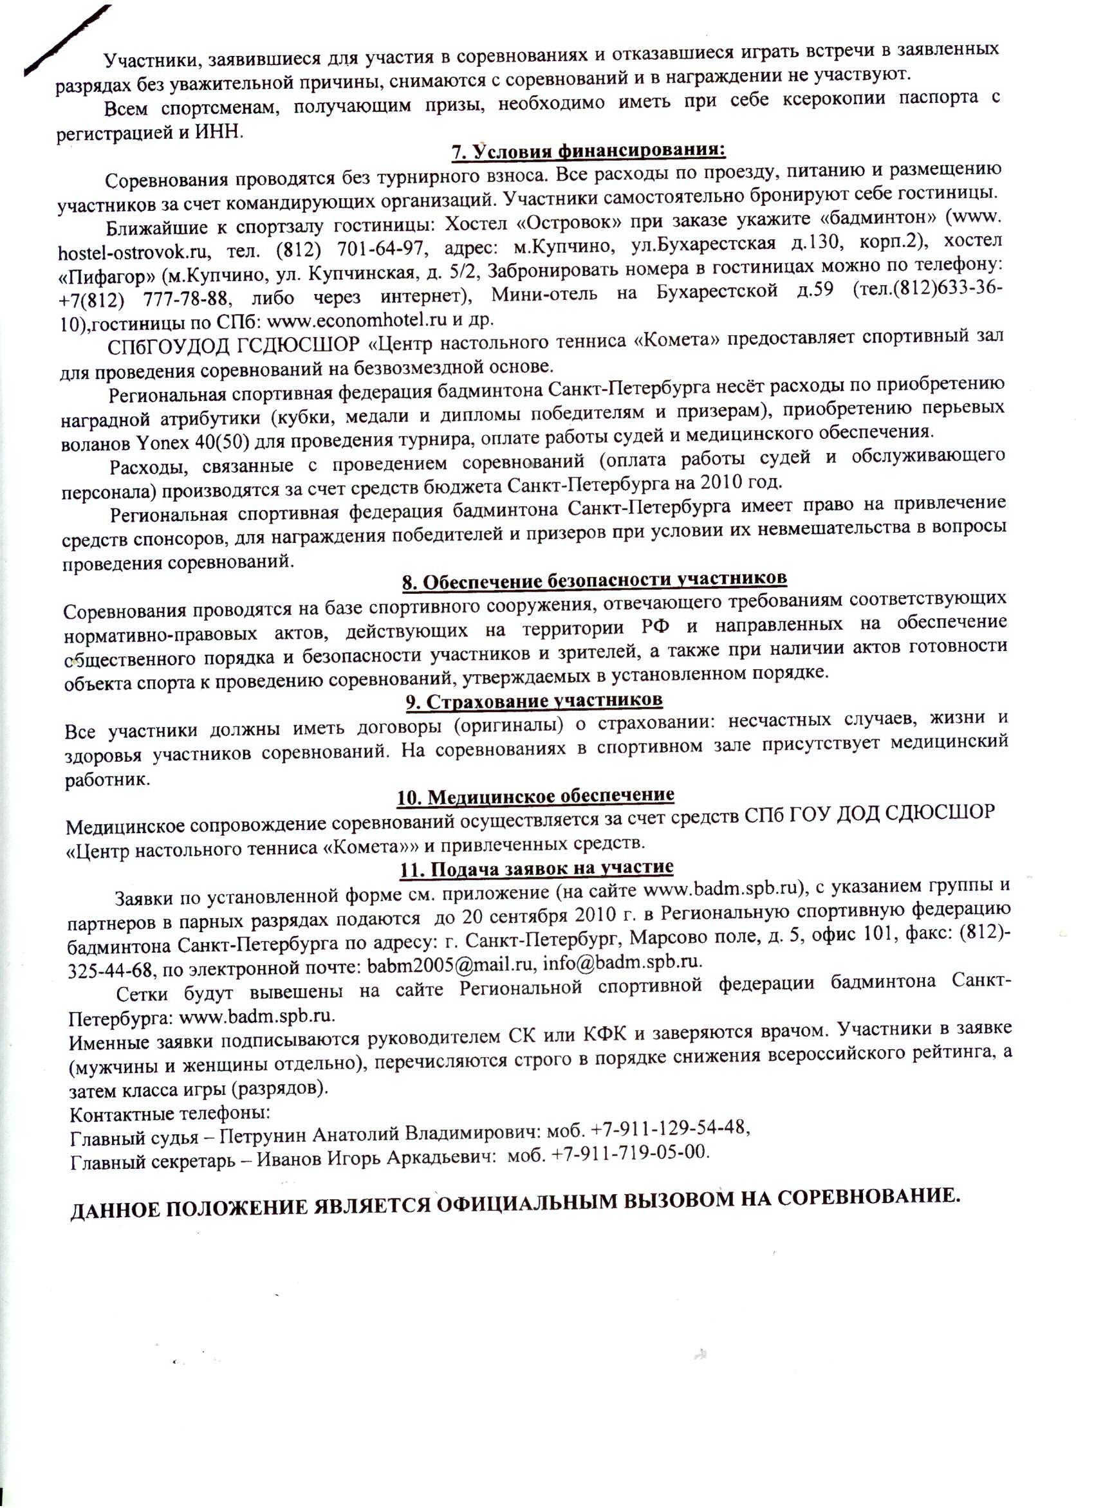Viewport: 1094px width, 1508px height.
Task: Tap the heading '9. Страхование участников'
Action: pyautogui.click(x=535, y=701)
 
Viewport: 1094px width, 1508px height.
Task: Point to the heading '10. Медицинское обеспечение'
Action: pyautogui.click(x=535, y=796)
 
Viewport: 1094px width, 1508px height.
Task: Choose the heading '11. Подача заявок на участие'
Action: pyautogui.click(x=536, y=869)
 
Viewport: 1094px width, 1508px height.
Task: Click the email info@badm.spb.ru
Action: pyautogui.click(x=622, y=962)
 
